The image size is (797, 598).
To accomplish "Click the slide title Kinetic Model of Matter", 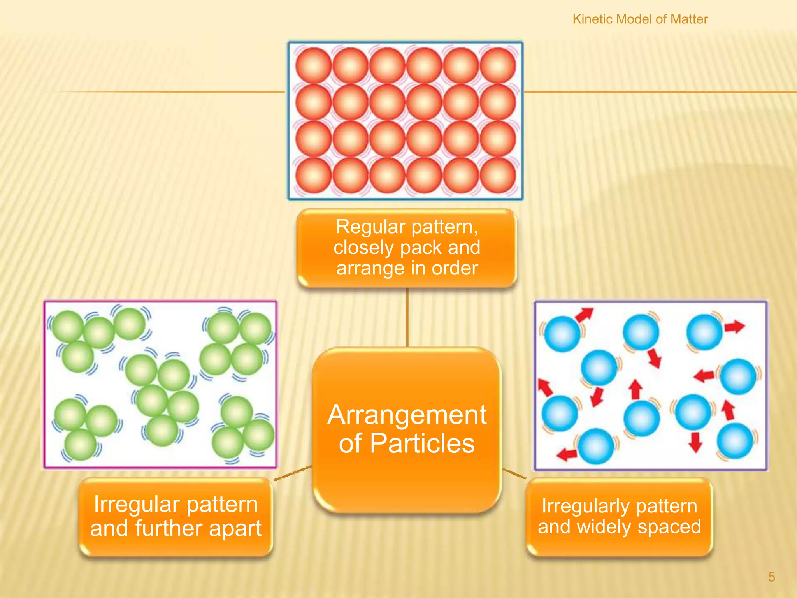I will pos(640,19).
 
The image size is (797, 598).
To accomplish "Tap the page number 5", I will pos(771,577).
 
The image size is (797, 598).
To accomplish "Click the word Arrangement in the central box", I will pos(407,415).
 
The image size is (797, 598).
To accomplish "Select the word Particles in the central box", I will pos(422,443).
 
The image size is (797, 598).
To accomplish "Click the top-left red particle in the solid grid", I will pos(313,65).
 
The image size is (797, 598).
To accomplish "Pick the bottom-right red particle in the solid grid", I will pos(498,175).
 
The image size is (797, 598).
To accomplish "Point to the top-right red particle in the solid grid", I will pos(498,65).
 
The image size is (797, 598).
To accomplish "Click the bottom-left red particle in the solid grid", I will pos(313,175).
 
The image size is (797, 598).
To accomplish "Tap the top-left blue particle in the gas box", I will pos(562,334).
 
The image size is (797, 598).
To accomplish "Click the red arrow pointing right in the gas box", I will pos(734,326).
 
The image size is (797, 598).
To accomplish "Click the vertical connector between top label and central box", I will pos(407,317).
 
